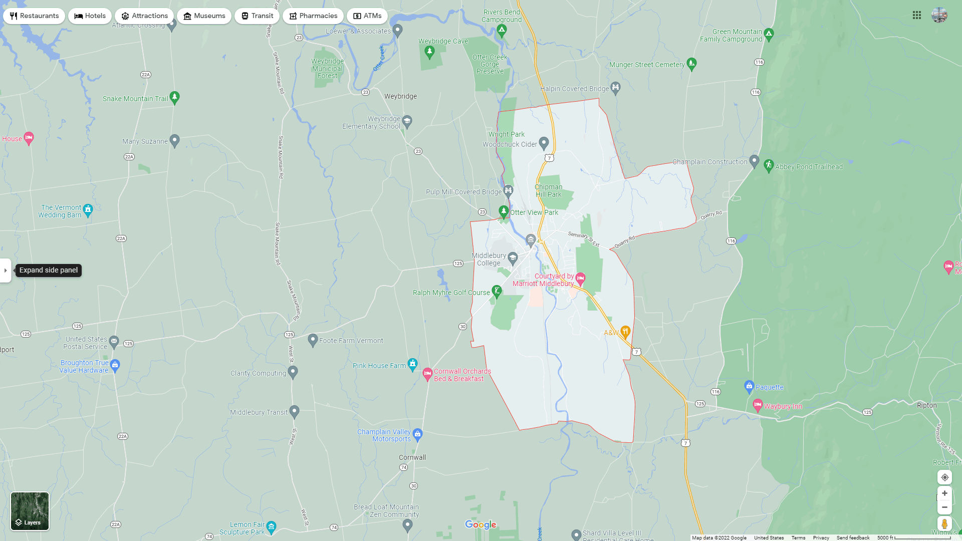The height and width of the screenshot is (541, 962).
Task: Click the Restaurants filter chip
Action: click(x=34, y=16)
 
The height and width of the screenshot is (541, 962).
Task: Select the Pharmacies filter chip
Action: click(x=313, y=16)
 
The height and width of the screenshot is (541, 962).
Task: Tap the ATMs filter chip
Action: click(x=367, y=16)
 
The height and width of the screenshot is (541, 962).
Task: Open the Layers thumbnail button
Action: click(x=30, y=511)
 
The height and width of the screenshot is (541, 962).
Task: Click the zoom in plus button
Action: click(x=944, y=493)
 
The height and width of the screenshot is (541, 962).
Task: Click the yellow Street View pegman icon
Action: click(x=944, y=523)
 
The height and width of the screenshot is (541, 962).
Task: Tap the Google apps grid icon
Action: click(x=917, y=16)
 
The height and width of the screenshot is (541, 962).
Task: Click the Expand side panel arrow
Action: click(x=6, y=270)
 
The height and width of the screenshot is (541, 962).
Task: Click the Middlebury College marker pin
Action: click(x=513, y=258)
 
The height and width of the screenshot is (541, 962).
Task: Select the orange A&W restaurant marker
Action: click(x=625, y=331)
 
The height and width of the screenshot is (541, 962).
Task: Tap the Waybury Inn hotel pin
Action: click(x=758, y=405)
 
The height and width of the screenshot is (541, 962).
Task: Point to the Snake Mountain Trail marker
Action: click(x=174, y=97)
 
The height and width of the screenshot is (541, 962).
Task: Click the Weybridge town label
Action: click(x=400, y=96)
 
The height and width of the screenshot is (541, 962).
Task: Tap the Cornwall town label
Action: click(x=412, y=457)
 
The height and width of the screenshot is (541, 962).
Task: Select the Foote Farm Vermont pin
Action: click(x=313, y=340)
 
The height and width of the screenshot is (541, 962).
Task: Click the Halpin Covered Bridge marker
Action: click(x=616, y=88)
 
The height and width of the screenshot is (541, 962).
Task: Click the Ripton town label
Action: click(x=926, y=405)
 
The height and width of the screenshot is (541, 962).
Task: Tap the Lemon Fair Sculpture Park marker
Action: click(x=271, y=527)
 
